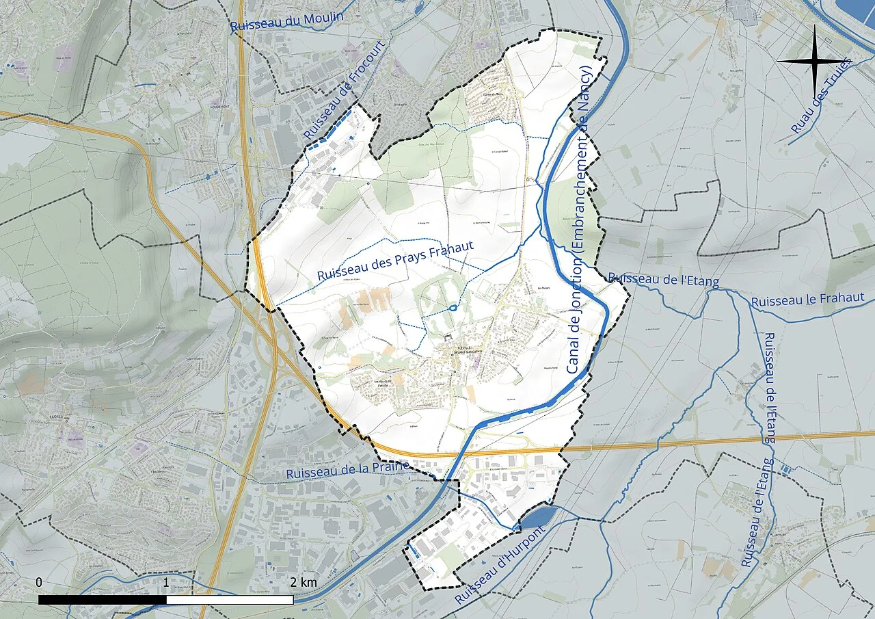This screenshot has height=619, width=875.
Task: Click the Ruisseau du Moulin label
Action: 286,21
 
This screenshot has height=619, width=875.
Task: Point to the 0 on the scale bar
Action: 39,582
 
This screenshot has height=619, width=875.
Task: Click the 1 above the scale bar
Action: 166,582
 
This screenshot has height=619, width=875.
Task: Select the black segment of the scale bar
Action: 103,600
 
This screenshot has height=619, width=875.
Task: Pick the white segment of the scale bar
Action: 230,600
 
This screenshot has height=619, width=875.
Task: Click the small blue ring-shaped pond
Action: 453,308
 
